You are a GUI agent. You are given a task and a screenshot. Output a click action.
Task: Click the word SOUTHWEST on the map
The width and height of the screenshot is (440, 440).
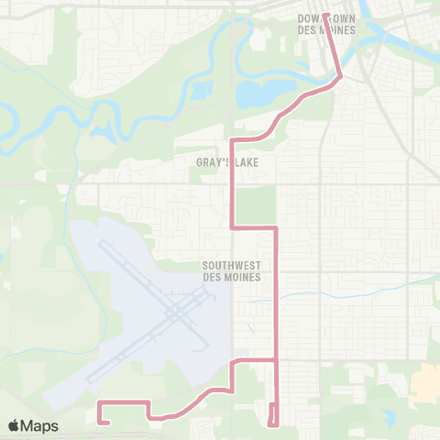point(232,266)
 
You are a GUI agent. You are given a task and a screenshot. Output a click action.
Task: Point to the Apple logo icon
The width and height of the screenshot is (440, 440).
point(14,426)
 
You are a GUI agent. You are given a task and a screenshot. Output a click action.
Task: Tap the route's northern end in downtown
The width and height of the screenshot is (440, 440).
point(325,15)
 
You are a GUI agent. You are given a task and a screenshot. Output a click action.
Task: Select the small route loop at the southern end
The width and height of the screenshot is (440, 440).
point(272,414)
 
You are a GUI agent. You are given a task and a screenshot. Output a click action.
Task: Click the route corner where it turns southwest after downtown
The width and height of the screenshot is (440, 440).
point(341,78)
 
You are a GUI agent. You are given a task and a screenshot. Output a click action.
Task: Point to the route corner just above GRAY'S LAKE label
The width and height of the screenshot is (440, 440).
point(231,139)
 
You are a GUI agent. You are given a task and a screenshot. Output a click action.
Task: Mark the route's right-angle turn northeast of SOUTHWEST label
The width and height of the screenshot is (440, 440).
point(276,225)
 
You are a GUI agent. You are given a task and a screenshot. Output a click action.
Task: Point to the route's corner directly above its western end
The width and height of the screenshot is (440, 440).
point(99,402)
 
